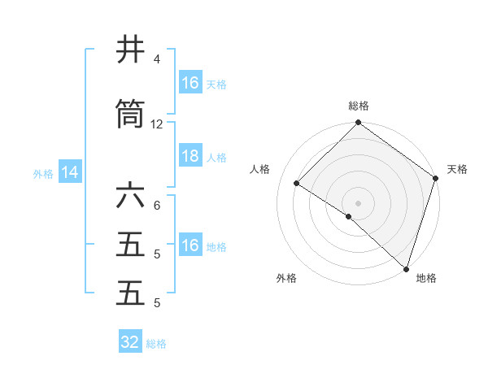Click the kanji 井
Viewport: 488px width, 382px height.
[130, 50]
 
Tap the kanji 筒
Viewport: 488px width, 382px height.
[130, 115]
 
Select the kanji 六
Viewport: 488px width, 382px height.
[130, 196]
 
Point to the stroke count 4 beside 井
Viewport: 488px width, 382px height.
[157, 59]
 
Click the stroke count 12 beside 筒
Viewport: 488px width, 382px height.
[157, 124]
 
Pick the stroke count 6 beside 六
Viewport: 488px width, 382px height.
[157, 205]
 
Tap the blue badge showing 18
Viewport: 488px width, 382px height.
[190, 157]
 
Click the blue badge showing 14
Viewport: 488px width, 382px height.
[69, 172]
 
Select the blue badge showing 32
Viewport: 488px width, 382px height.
[130, 342]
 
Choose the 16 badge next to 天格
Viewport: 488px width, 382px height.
[190, 83]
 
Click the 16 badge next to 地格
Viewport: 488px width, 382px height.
[190, 246]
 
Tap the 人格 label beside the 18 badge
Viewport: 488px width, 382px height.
[216, 158]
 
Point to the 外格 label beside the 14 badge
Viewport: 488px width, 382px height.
[43, 173]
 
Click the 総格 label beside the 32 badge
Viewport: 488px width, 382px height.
[156, 343]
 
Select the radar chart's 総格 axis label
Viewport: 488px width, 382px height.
[358, 106]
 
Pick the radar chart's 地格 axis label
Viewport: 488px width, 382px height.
[426, 278]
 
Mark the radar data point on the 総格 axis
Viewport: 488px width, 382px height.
[358, 124]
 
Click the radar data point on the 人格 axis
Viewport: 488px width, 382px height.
[297, 184]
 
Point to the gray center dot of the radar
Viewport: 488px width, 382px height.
[358, 202]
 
